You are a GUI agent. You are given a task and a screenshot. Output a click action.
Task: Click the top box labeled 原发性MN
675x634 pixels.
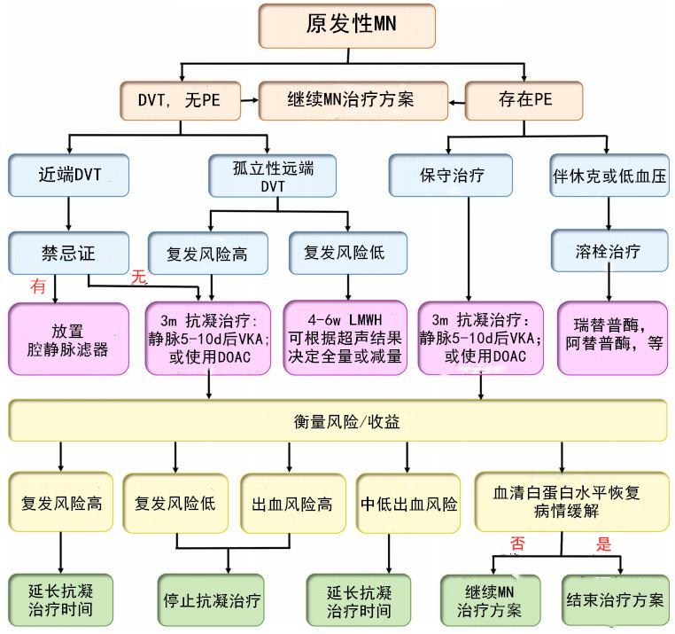(x=347, y=26)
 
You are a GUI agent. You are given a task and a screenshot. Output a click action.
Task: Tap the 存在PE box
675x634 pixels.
(x=524, y=99)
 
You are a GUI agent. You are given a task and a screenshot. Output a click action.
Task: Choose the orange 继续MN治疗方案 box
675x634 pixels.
(x=351, y=99)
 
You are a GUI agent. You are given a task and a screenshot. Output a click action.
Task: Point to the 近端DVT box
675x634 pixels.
(x=69, y=175)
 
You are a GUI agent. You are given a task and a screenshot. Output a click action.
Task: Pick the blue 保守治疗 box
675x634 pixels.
(x=451, y=175)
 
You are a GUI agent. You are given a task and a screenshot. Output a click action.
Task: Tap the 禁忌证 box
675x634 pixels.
(x=69, y=252)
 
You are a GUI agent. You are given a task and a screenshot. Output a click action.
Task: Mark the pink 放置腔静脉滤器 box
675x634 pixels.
(x=69, y=338)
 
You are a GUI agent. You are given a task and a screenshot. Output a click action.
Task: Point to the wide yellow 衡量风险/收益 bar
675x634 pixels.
(x=337, y=422)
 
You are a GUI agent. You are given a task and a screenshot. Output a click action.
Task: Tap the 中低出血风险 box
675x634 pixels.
(x=409, y=504)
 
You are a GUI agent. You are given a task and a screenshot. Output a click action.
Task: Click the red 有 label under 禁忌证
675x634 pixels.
(x=38, y=286)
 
